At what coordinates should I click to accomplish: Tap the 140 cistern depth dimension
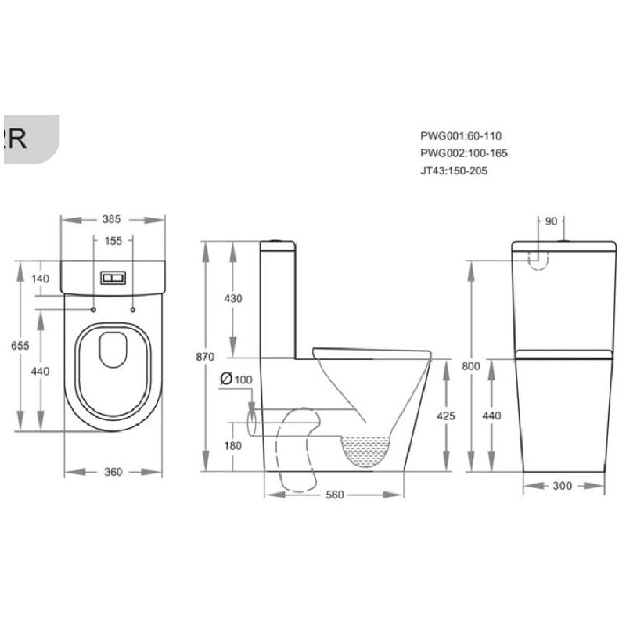[x=41, y=279]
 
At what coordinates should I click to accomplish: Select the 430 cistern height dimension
[x=233, y=298]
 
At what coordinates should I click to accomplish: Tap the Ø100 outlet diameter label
[x=236, y=380]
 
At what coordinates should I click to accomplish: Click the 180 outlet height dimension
[x=233, y=446]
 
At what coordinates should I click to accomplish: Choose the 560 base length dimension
[x=335, y=495]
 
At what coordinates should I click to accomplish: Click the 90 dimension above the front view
[x=551, y=221]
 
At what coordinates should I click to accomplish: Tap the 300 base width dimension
[x=563, y=485]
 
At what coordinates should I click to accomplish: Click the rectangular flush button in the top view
[x=113, y=278]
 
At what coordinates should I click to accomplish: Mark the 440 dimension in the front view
[x=491, y=416]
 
